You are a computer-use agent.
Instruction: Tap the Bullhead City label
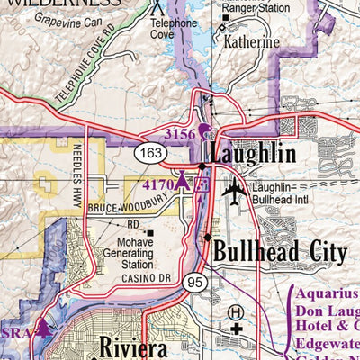coord(279,249)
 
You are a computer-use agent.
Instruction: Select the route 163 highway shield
coord(151,154)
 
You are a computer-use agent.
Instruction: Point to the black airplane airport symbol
coord(234,190)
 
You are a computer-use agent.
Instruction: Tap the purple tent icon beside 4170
coord(182,183)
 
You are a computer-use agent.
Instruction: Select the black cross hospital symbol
coord(236,329)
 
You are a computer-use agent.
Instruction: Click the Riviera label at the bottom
coord(134,345)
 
